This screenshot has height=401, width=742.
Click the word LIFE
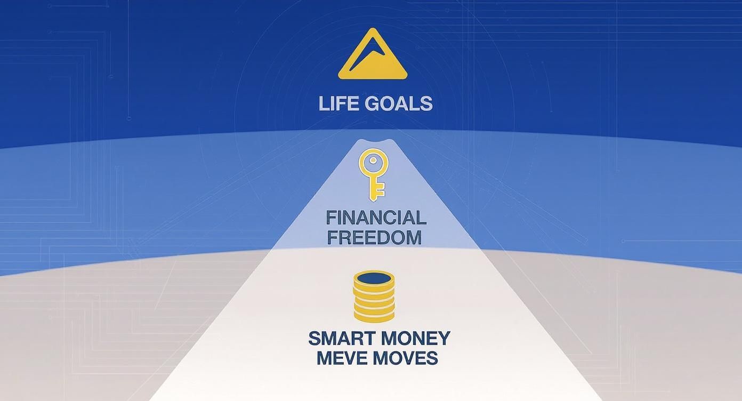(x=336, y=103)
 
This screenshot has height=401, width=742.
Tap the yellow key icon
(x=372, y=174)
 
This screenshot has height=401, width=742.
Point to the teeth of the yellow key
(x=379, y=193)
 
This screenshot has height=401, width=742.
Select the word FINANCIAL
(x=376, y=218)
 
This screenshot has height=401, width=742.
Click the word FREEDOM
(x=374, y=237)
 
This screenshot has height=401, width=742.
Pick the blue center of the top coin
(x=374, y=278)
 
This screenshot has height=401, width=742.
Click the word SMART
(x=335, y=339)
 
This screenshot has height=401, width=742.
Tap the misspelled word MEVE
(x=342, y=358)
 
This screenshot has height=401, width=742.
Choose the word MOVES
(x=406, y=358)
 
